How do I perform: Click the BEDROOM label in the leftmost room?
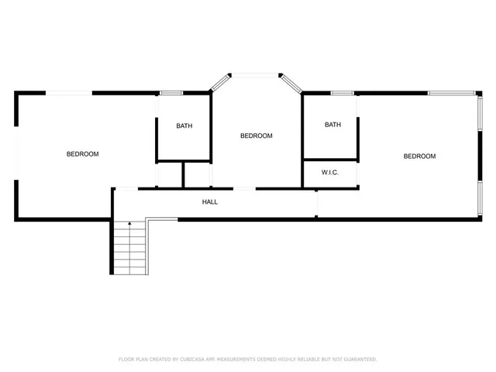coord(82,154)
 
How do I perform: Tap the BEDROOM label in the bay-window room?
coord(256,136)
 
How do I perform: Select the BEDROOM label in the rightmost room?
coord(419,157)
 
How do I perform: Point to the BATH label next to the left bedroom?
coord(184,126)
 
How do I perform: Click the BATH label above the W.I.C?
coord(332,125)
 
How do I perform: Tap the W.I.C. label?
coord(329,174)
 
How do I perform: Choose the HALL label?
coord(210,202)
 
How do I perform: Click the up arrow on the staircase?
coord(129,225)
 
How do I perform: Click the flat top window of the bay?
coord(257,75)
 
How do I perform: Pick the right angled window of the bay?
coord(292,83)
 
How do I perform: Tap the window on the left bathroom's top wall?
coord(170,94)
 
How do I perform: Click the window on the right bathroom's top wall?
coord(342,94)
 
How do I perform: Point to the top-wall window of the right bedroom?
coord(452,94)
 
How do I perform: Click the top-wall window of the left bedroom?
coord(69,93)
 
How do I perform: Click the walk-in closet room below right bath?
coord(329,177)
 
